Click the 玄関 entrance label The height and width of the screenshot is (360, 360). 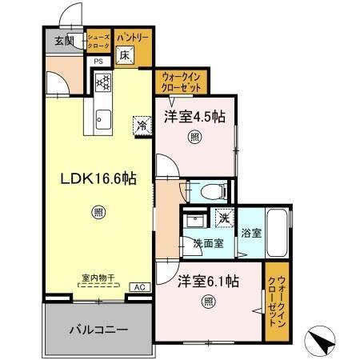(x=65, y=41)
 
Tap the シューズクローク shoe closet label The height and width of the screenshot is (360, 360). (x=98, y=41)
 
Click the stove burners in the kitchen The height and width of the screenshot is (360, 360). (x=102, y=81)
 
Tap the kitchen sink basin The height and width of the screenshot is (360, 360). (x=102, y=120)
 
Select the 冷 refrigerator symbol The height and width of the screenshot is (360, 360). (x=141, y=125)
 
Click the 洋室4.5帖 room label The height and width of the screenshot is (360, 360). (x=195, y=116)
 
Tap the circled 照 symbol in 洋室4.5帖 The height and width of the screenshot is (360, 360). (x=194, y=138)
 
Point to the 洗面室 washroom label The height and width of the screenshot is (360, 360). (x=207, y=243)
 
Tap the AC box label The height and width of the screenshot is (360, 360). (x=138, y=286)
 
